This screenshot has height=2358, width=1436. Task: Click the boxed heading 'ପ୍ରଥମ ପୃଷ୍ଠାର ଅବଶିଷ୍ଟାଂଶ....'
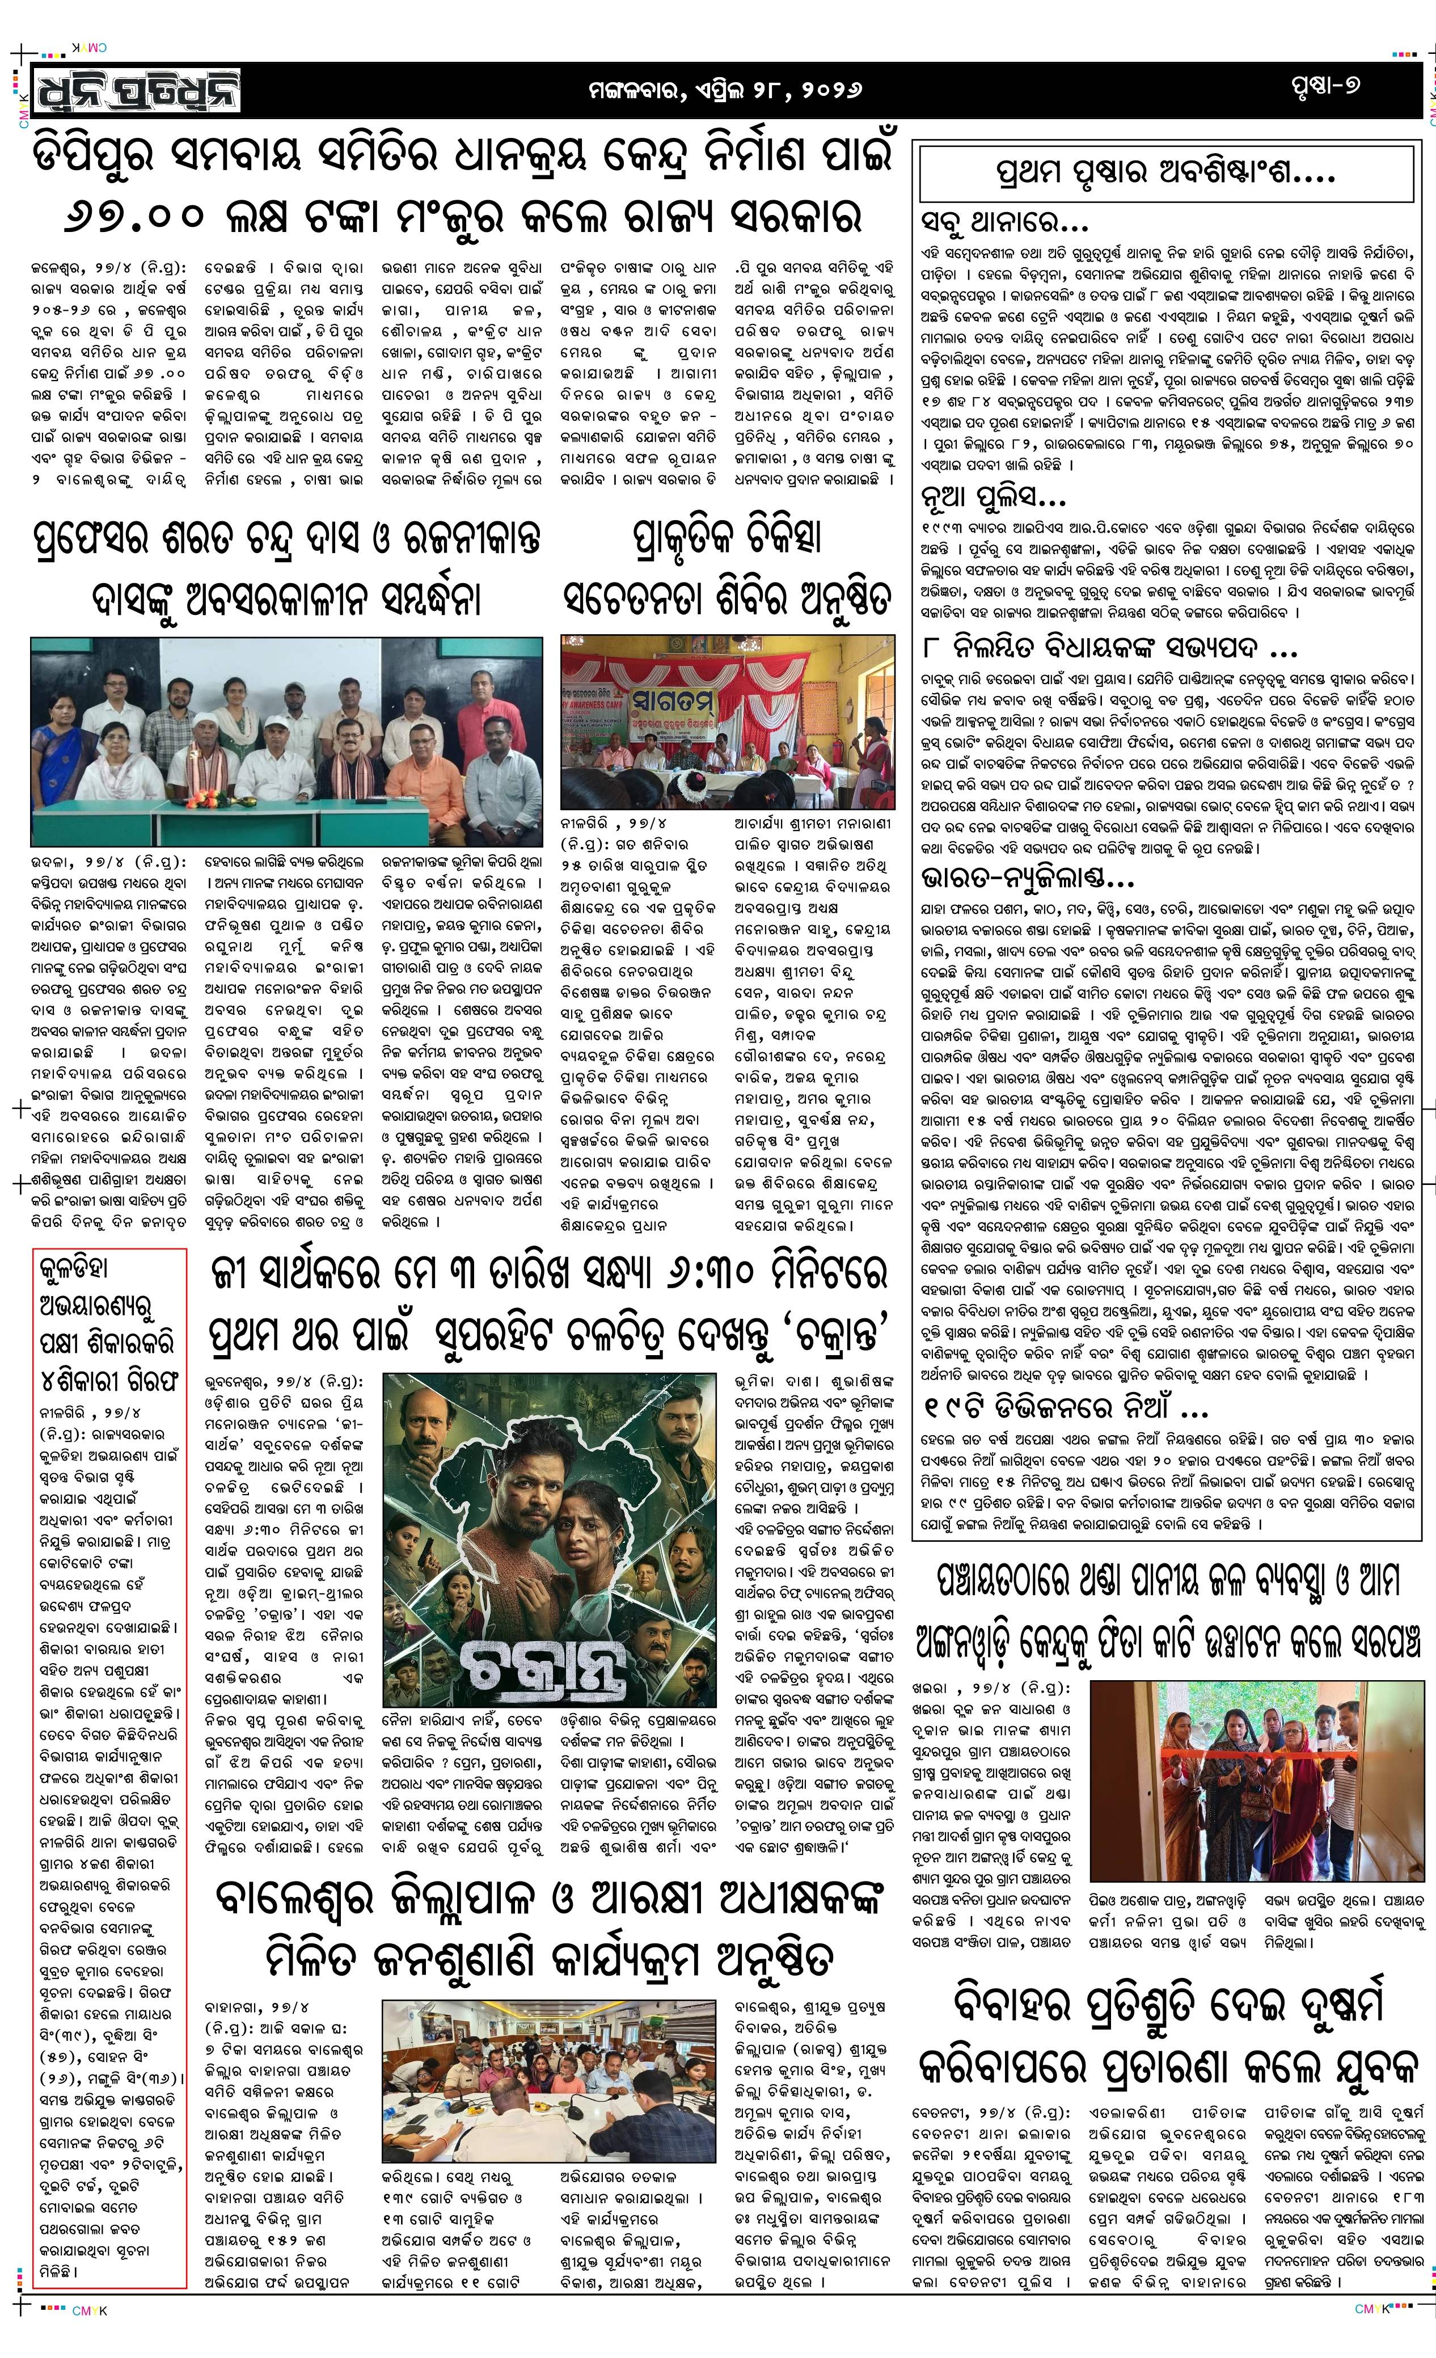coord(1165,173)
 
